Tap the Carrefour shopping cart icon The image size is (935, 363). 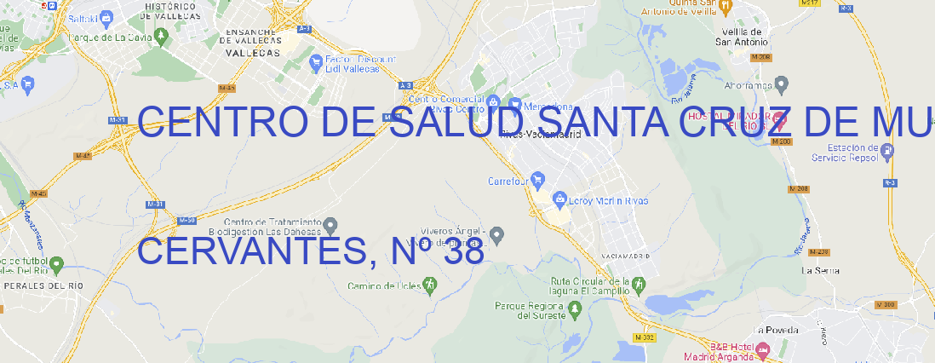click(x=538, y=181)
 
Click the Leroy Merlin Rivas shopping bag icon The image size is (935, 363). click(x=559, y=200)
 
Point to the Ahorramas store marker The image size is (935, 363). click(x=782, y=84)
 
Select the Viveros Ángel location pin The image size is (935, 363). click(x=498, y=233)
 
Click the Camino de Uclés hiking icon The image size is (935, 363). click(x=429, y=284)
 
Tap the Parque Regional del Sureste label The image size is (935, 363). click(x=530, y=310)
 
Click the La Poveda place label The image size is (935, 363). click(x=775, y=330)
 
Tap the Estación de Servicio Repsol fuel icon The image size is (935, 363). click(x=888, y=151)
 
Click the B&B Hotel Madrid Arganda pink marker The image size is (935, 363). click(x=762, y=349)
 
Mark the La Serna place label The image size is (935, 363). click(x=821, y=270)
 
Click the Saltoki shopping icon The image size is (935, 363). click(x=106, y=16)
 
